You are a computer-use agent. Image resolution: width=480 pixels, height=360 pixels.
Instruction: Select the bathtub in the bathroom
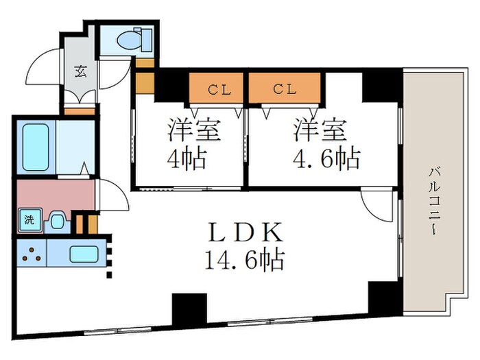(36, 147)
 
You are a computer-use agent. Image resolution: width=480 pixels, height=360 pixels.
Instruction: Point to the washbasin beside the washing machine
(57, 221)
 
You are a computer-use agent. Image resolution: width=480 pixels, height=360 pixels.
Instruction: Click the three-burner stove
(31, 254)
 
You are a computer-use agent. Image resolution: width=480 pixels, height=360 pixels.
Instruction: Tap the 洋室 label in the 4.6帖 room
(321, 130)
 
